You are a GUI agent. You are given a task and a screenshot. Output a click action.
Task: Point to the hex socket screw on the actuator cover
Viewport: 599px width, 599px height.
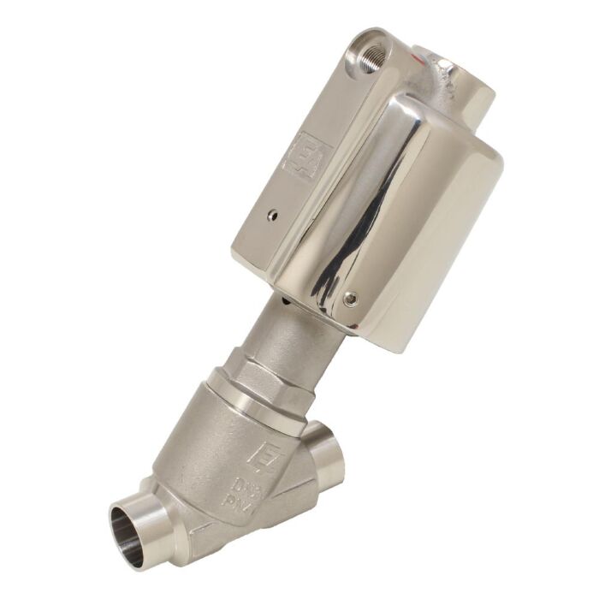350,298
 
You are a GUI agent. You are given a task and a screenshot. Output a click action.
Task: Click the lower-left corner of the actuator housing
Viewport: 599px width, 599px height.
238,257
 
